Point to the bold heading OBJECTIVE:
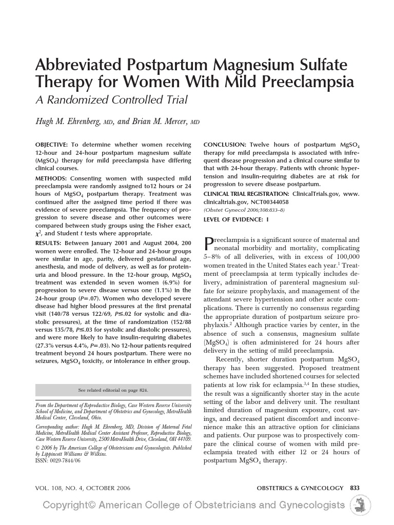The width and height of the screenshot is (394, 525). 51,145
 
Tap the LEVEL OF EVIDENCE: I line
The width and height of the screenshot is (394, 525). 236,219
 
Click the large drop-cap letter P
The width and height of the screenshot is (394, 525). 209,243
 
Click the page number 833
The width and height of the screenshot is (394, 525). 354,488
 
